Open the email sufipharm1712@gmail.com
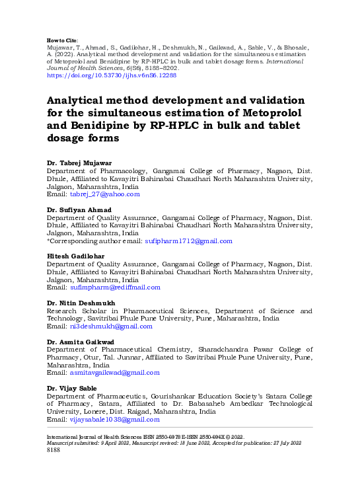(188, 241)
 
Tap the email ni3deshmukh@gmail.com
(111, 326)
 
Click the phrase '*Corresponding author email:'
(94, 241)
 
